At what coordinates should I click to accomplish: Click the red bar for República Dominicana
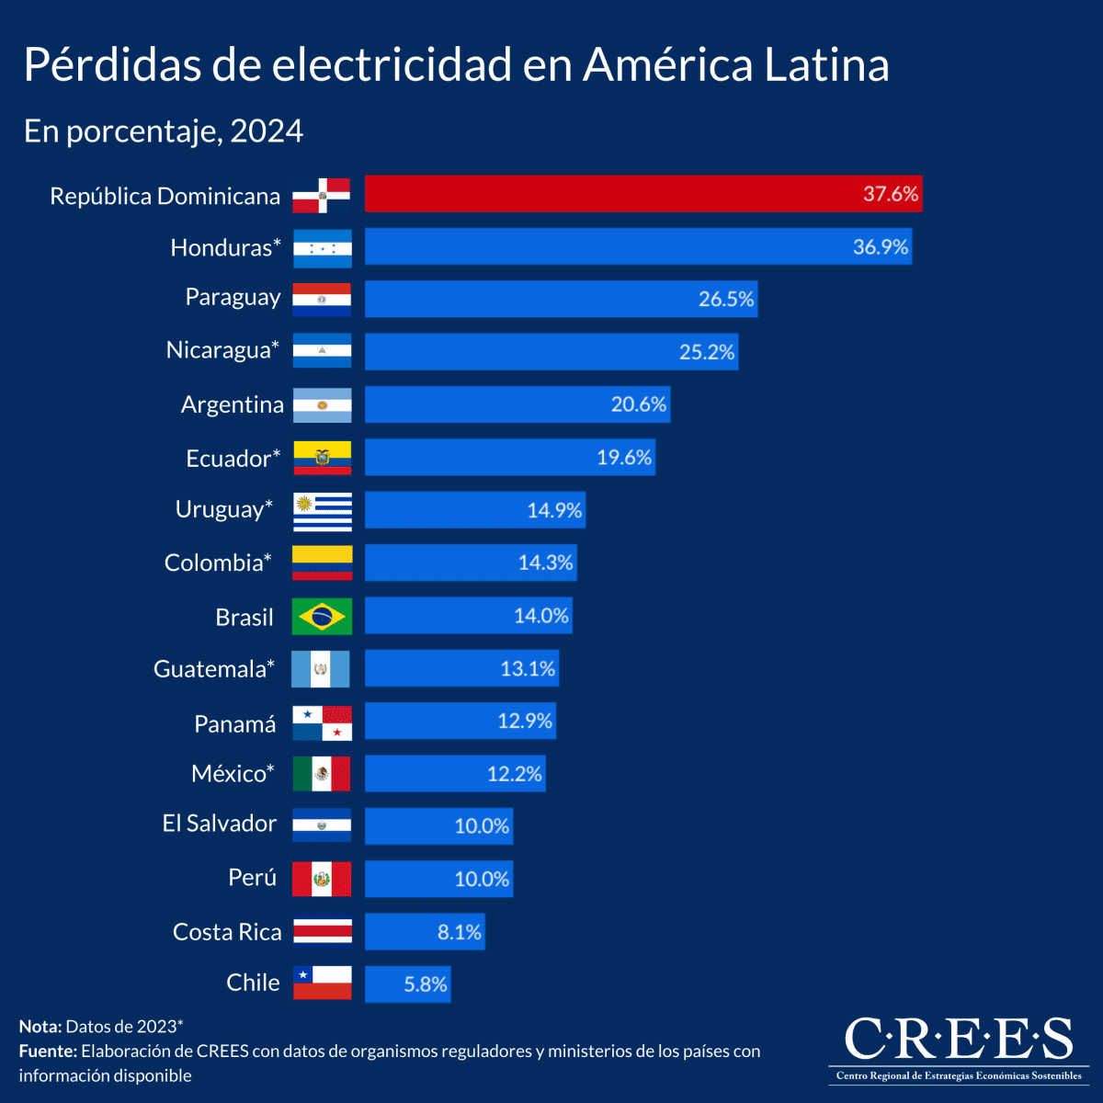[643, 194]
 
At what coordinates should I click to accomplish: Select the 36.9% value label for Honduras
[880, 246]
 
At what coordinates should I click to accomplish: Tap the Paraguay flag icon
[322, 300]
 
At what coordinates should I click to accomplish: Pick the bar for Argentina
[517, 404]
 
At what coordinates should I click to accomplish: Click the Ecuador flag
[322, 457]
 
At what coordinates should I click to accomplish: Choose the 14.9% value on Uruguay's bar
[554, 510]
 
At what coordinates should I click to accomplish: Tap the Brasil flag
[322, 616]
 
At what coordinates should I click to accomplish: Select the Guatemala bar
[461, 668]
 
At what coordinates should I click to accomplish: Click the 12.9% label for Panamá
[525, 721]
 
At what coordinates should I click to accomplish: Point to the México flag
[322, 774]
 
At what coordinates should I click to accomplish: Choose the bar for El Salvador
[438, 826]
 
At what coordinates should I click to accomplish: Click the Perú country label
[252, 878]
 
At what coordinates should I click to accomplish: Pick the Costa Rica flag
[322, 932]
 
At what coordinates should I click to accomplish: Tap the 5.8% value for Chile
[426, 984]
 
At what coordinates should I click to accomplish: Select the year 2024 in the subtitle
[267, 131]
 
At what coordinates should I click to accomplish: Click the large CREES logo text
[958, 1039]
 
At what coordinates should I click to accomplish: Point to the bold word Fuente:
[47, 1051]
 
